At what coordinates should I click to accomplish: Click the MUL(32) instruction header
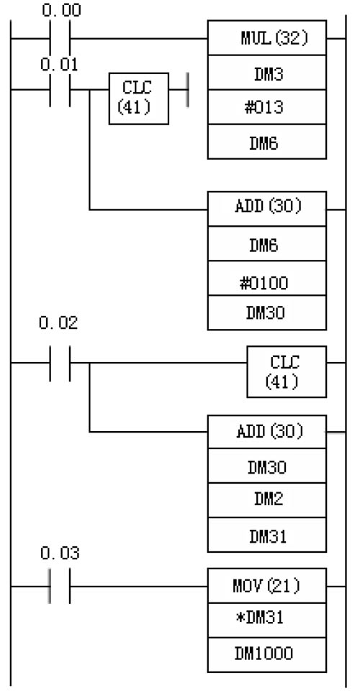pyautogui.click(x=267, y=37)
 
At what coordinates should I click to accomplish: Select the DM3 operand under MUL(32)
pyautogui.click(x=267, y=73)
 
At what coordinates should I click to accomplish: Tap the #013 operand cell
pyautogui.click(x=267, y=107)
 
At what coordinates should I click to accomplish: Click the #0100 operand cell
pyautogui.click(x=267, y=279)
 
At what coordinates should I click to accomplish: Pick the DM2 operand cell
pyautogui.click(x=267, y=500)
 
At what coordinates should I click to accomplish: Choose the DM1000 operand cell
pyautogui.click(x=267, y=655)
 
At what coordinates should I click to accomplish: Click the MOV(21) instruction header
pyautogui.click(x=267, y=586)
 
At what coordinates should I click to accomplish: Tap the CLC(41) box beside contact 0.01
pyautogui.click(x=139, y=99)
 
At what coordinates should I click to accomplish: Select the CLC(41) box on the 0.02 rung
pyautogui.click(x=287, y=371)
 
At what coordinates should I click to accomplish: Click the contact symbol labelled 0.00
pyautogui.click(x=60, y=39)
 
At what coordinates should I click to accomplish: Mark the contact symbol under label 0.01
pyautogui.click(x=60, y=90)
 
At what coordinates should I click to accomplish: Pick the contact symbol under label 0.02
pyautogui.click(x=60, y=363)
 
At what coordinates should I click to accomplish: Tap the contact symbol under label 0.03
pyautogui.click(x=60, y=587)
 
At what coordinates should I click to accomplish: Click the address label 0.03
pyautogui.click(x=60, y=553)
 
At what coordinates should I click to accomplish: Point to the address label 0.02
pyautogui.click(x=58, y=323)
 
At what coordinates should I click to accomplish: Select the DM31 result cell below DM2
pyautogui.click(x=267, y=535)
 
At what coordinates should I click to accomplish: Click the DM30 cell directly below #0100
pyautogui.click(x=267, y=313)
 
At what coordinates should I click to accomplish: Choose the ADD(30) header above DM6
pyautogui.click(x=267, y=209)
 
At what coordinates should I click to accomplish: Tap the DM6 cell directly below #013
pyautogui.click(x=267, y=142)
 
